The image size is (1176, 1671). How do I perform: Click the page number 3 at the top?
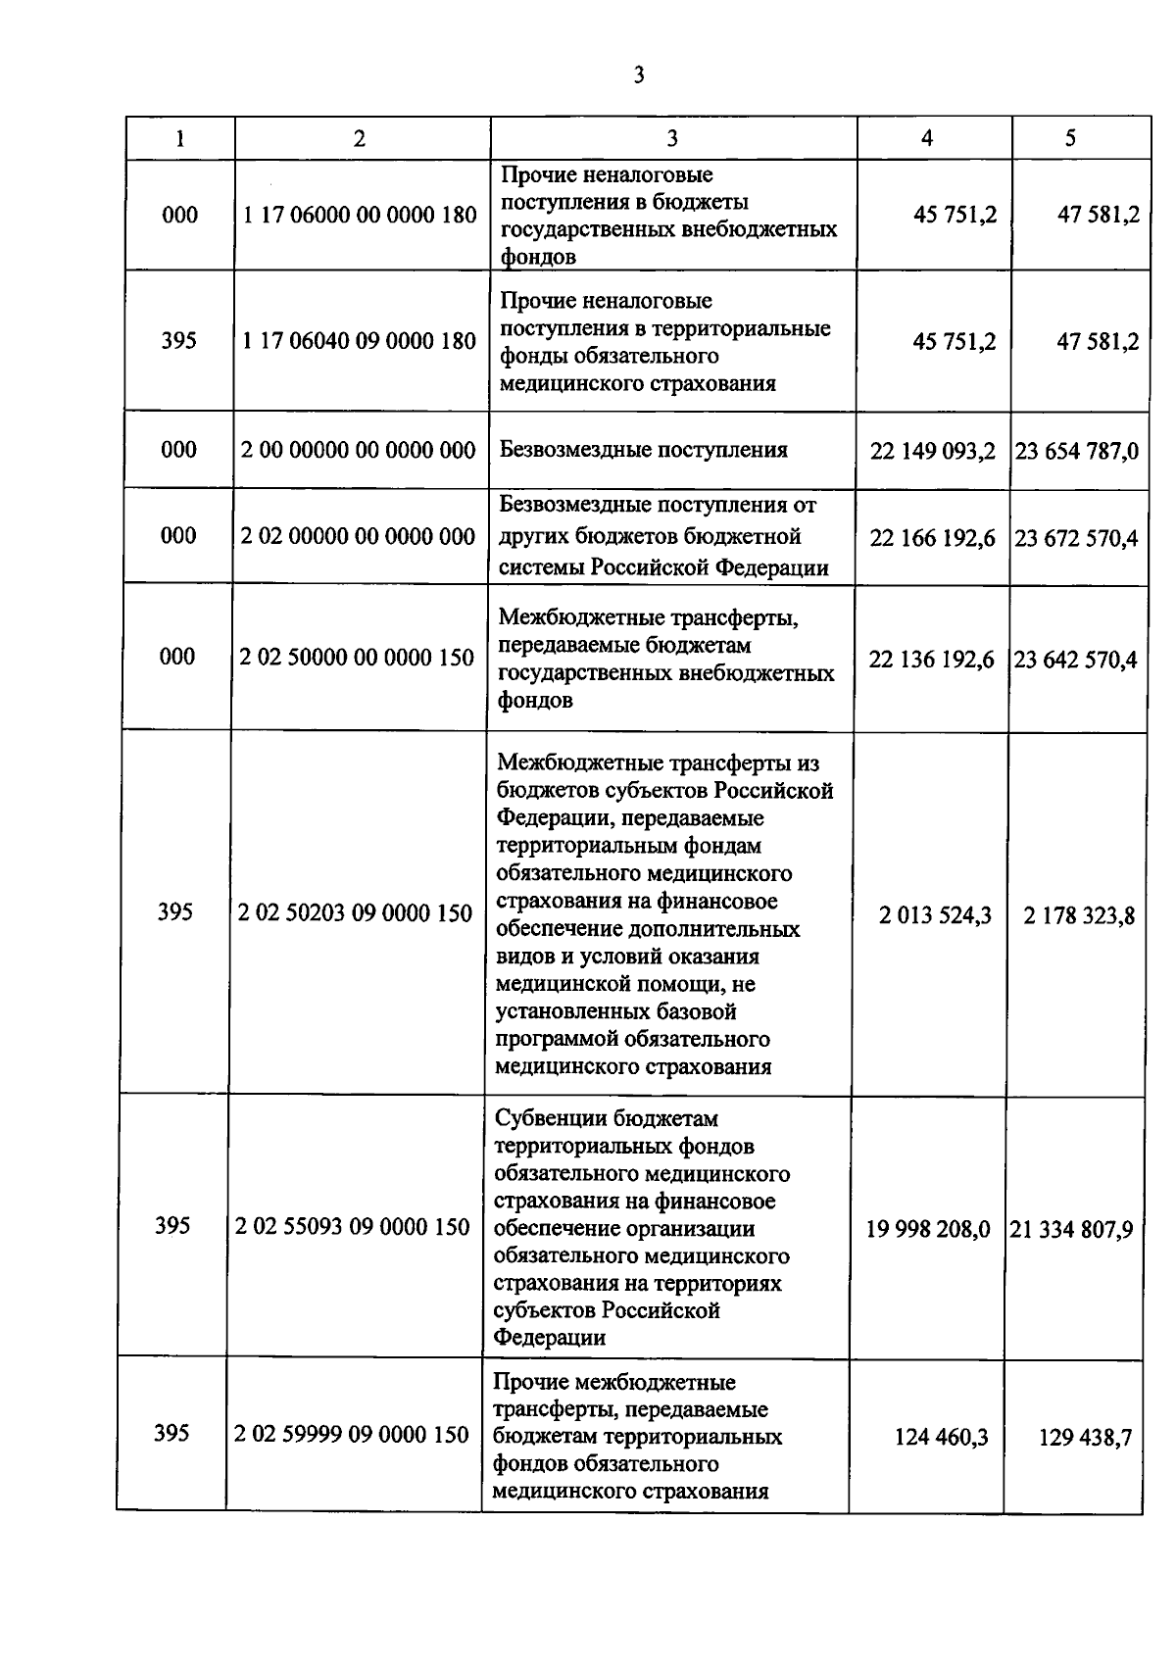click(x=639, y=75)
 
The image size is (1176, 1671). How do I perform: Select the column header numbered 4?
click(x=926, y=138)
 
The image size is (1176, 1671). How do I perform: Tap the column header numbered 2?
click(x=360, y=139)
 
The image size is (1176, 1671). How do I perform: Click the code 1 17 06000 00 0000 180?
click(x=360, y=215)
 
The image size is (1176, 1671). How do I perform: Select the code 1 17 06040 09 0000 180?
click(x=360, y=341)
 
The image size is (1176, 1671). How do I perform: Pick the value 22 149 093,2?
click(x=932, y=451)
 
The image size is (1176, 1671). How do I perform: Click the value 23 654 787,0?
click(x=1076, y=451)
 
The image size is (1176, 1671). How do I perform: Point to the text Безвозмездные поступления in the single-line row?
click(x=643, y=450)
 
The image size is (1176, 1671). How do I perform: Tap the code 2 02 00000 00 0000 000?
click(x=358, y=536)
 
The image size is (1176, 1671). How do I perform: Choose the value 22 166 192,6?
click(x=932, y=538)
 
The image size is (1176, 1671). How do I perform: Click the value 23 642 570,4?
click(x=1075, y=660)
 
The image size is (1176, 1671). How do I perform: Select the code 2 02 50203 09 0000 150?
click(x=355, y=913)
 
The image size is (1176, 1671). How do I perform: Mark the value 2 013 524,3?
click(x=935, y=915)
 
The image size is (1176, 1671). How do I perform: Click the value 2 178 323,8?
click(x=1079, y=916)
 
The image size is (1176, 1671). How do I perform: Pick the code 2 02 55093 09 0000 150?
click(x=353, y=1227)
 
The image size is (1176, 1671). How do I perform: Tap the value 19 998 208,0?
click(x=928, y=1229)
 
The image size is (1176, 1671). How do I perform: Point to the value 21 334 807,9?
click(x=1071, y=1229)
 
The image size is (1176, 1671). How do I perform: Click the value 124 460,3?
click(x=941, y=1438)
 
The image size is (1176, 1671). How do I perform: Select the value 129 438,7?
click(x=1085, y=1438)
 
